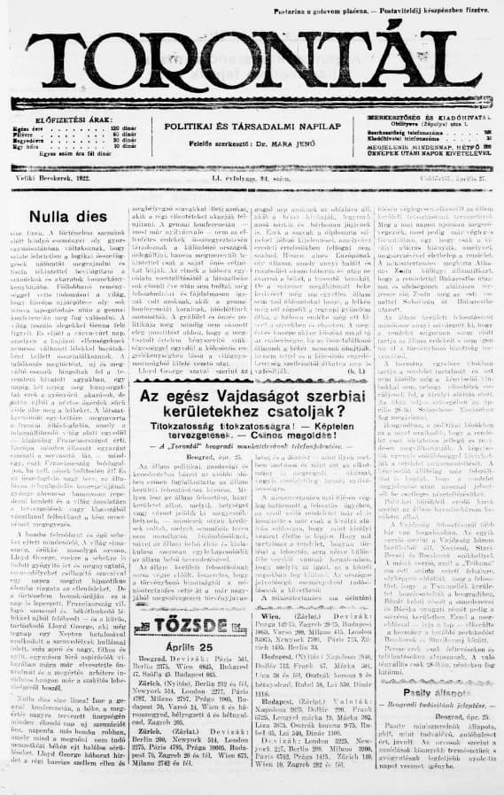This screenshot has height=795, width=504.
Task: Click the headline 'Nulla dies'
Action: (x=62, y=214)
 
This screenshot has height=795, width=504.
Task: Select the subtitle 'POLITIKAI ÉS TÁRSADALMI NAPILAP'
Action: (x=252, y=127)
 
